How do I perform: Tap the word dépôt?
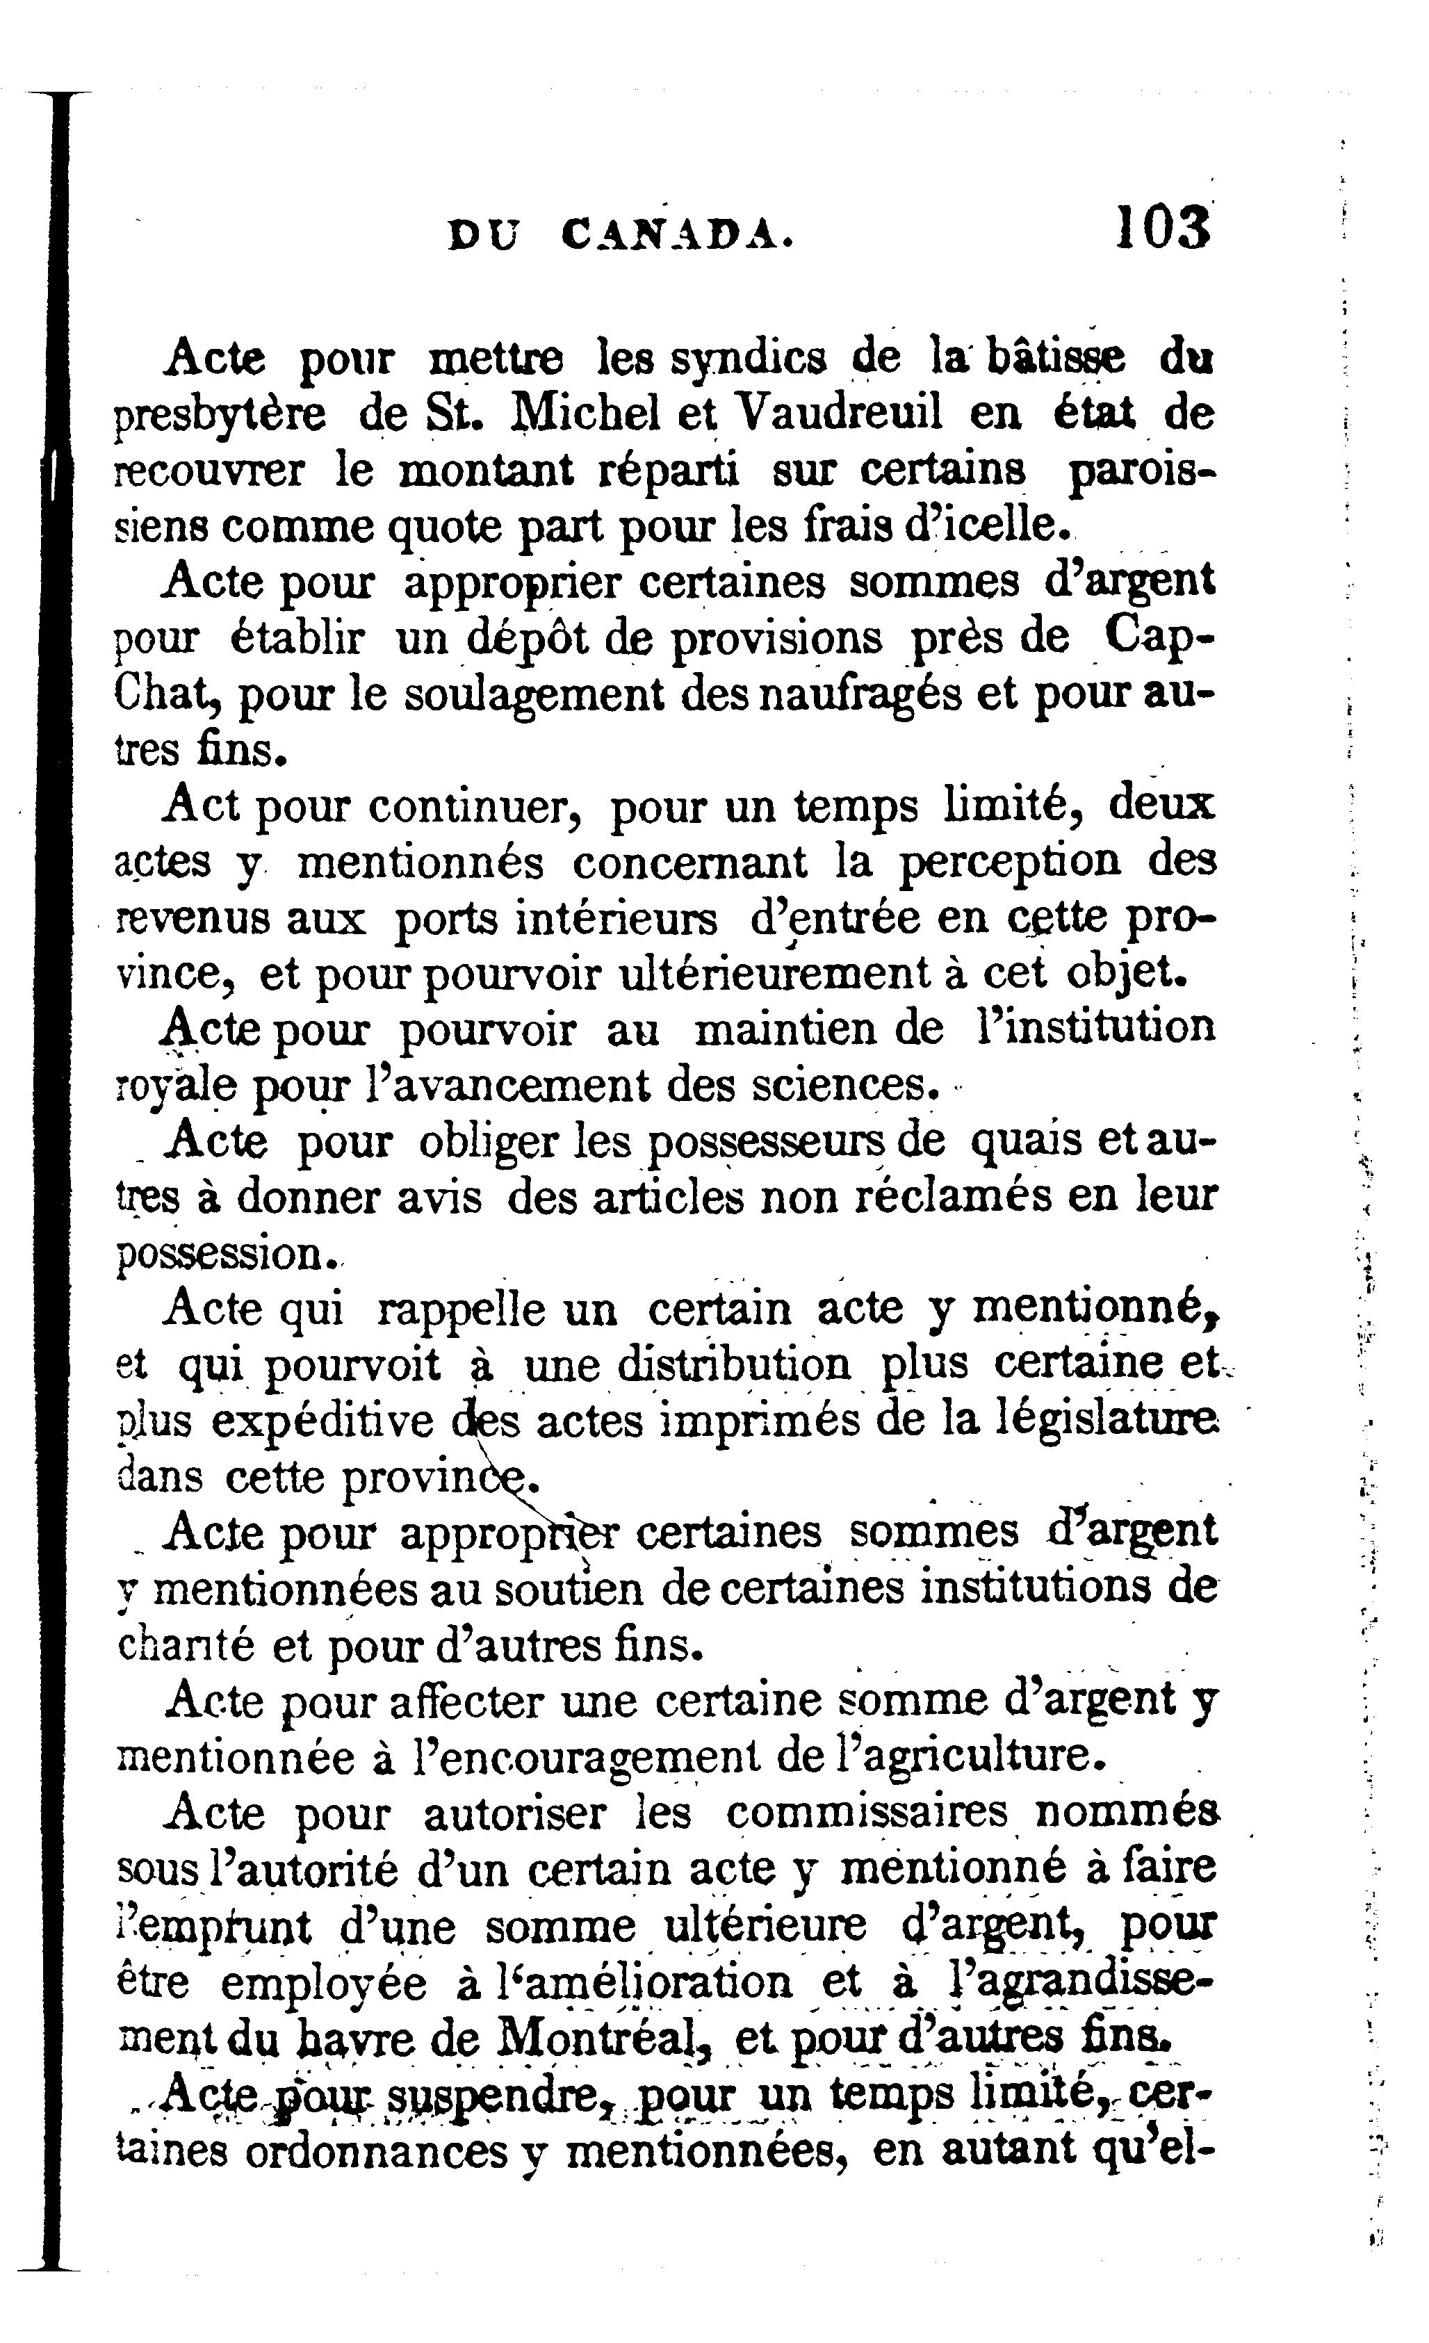click(528, 638)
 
